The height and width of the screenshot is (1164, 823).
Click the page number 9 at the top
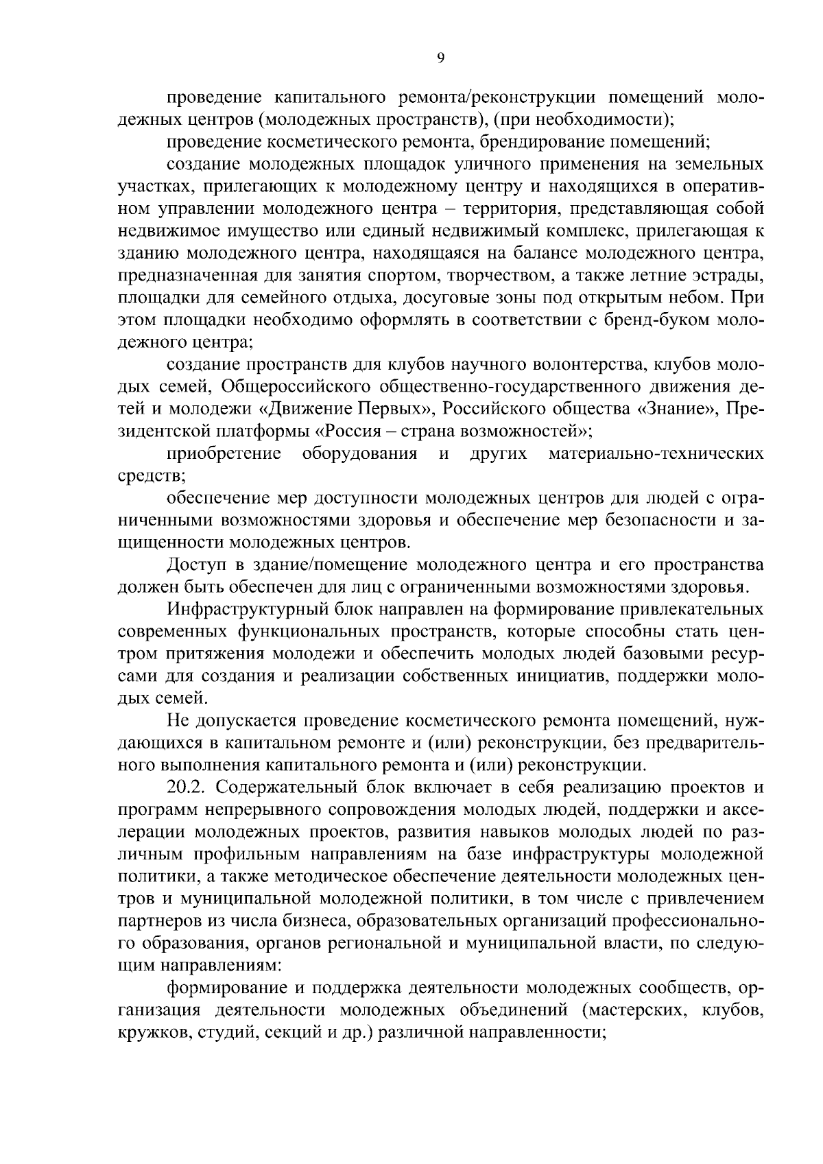click(441, 58)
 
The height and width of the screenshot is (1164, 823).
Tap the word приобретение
click(224, 453)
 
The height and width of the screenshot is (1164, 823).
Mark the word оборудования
click(359, 453)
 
